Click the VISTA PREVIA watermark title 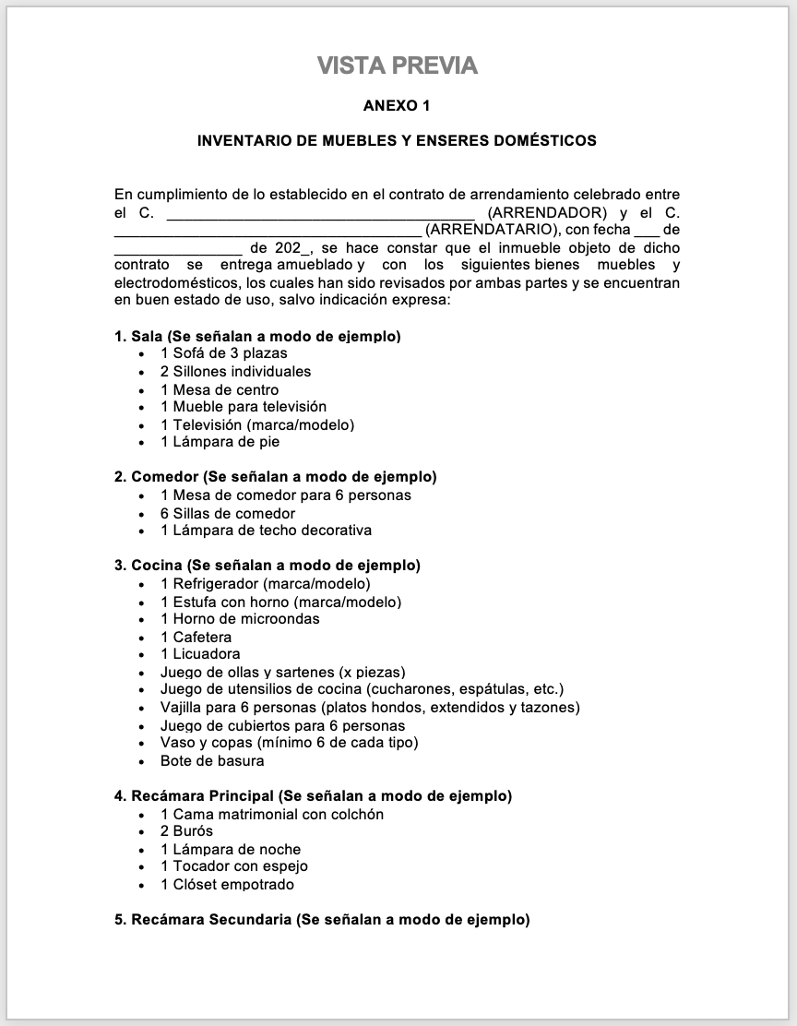(398, 66)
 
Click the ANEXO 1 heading (397, 105)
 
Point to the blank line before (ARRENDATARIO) (268, 231)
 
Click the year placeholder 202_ (294, 248)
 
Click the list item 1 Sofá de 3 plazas (223, 353)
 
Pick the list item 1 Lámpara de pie (220, 442)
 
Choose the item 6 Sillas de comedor (228, 514)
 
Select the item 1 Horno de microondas (240, 619)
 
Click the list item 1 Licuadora (200, 654)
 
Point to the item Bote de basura (212, 761)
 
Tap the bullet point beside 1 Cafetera (141, 638)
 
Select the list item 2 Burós (186, 831)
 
